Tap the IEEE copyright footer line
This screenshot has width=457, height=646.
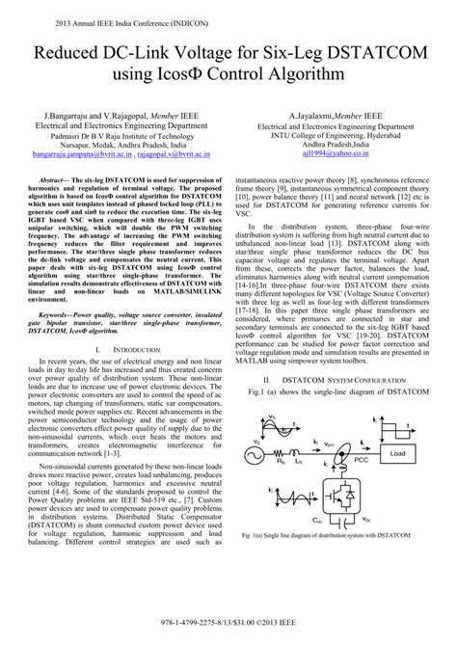pyautogui.click(x=228, y=634)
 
